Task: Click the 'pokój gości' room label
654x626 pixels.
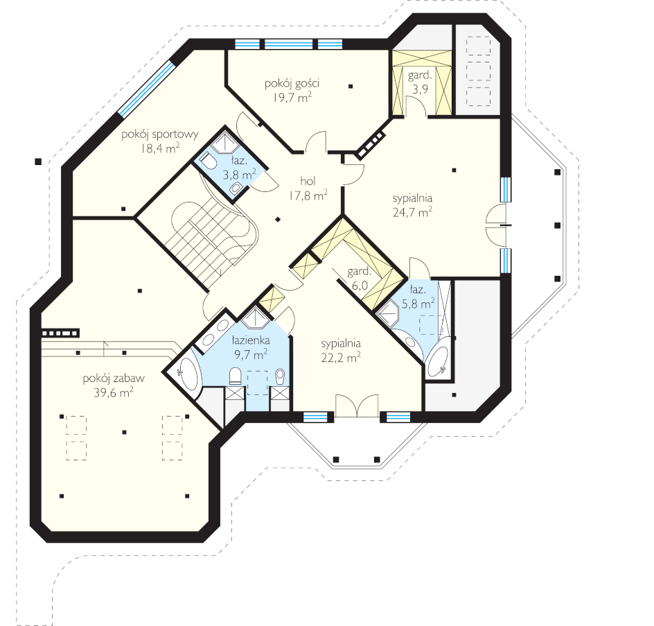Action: click(x=292, y=83)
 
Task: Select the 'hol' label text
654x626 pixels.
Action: click(x=308, y=181)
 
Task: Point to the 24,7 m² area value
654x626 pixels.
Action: click(x=412, y=212)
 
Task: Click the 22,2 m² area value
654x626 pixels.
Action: click(x=341, y=357)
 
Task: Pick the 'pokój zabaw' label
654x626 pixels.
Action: click(x=114, y=379)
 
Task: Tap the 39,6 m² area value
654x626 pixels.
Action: click(x=114, y=392)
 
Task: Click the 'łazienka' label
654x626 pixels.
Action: click(x=251, y=340)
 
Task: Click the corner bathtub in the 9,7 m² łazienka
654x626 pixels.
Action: click(x=188, y=374)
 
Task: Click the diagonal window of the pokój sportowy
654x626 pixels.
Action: click(x=145, y=89)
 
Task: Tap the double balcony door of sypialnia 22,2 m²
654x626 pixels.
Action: click(x=357, y=406)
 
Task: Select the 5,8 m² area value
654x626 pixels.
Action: click(x=418, y=303)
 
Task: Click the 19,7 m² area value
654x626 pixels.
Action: click(x=293, y=97)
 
